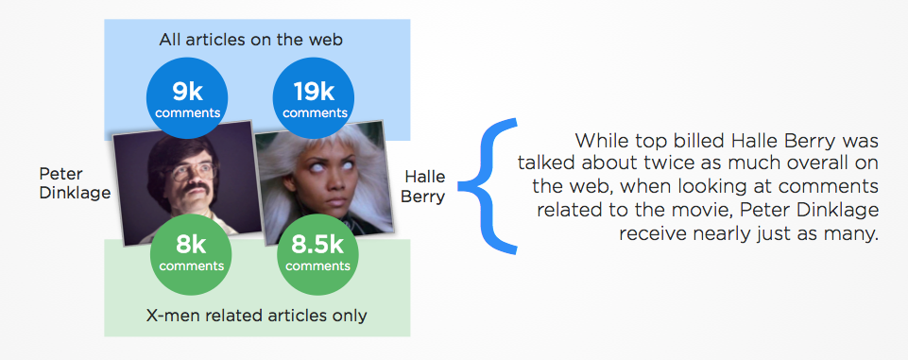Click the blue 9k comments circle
click(187, 98)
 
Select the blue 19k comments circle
click(314, 98)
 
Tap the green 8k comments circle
click(191, 255)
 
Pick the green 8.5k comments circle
click(317, 255)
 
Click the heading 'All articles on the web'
click(251, 40)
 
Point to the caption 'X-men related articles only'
click(257, 316)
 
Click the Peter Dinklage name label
click(75, 183)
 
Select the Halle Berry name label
click(423, 186)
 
